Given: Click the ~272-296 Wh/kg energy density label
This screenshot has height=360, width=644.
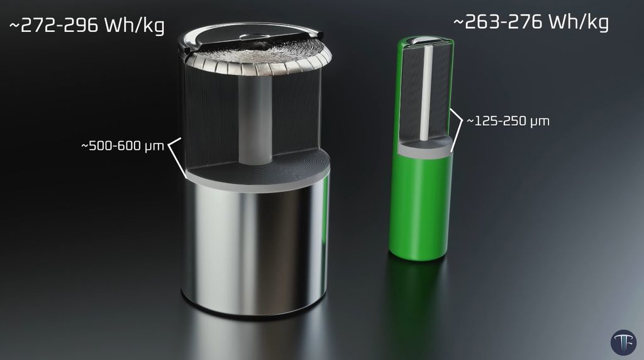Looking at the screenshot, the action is [87, 25].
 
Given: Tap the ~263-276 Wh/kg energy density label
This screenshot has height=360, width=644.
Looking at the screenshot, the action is [531, 22].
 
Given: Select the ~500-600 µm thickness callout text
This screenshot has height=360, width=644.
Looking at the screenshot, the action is [123, 146].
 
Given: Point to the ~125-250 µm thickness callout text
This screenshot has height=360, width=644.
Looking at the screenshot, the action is [508, 121].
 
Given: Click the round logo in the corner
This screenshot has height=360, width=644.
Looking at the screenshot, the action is [623, 342].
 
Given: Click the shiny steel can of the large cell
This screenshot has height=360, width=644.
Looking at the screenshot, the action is [255, 247].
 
